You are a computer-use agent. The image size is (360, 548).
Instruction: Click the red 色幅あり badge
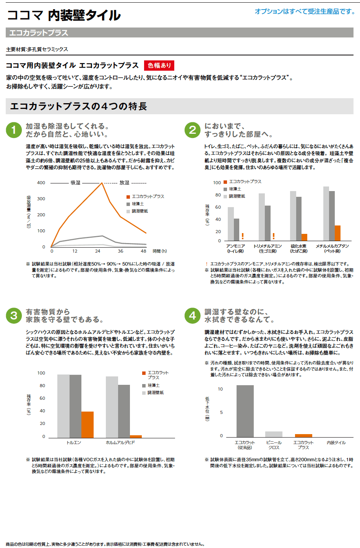point(159,65)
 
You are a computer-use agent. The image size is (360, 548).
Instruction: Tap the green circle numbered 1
point(14,130)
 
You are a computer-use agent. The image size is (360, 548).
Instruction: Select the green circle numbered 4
point(192,316)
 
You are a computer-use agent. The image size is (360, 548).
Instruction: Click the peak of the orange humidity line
point(102,183)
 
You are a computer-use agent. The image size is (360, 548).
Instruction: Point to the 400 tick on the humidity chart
point(41,183)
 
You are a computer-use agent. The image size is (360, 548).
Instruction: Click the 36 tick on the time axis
point(120,251)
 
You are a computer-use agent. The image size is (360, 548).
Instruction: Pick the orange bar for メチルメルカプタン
point(337,233)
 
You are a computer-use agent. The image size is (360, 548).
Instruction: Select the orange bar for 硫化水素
point(304,237)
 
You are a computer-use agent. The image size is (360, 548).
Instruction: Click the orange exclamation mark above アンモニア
point(242,236)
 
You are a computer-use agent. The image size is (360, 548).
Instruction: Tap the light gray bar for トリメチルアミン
point(261,217)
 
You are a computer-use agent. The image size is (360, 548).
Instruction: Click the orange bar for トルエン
point(88,424)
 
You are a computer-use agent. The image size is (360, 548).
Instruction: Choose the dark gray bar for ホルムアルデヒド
point(124,411)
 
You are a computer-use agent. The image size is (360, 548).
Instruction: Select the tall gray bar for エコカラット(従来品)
point(245,411)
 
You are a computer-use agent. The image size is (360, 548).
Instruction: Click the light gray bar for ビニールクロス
point(274,434)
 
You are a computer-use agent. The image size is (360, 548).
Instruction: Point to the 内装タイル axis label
point(336,443)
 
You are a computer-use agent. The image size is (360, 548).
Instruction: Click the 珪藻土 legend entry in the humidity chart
point(138,204)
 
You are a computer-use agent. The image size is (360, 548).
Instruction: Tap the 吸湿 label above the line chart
point(75,183)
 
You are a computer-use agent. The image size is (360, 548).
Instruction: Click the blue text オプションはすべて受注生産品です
point(305,11)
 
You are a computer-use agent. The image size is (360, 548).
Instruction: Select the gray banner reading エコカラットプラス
point(180,32)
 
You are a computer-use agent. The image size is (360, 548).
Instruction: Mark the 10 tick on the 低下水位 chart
point(220,389)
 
